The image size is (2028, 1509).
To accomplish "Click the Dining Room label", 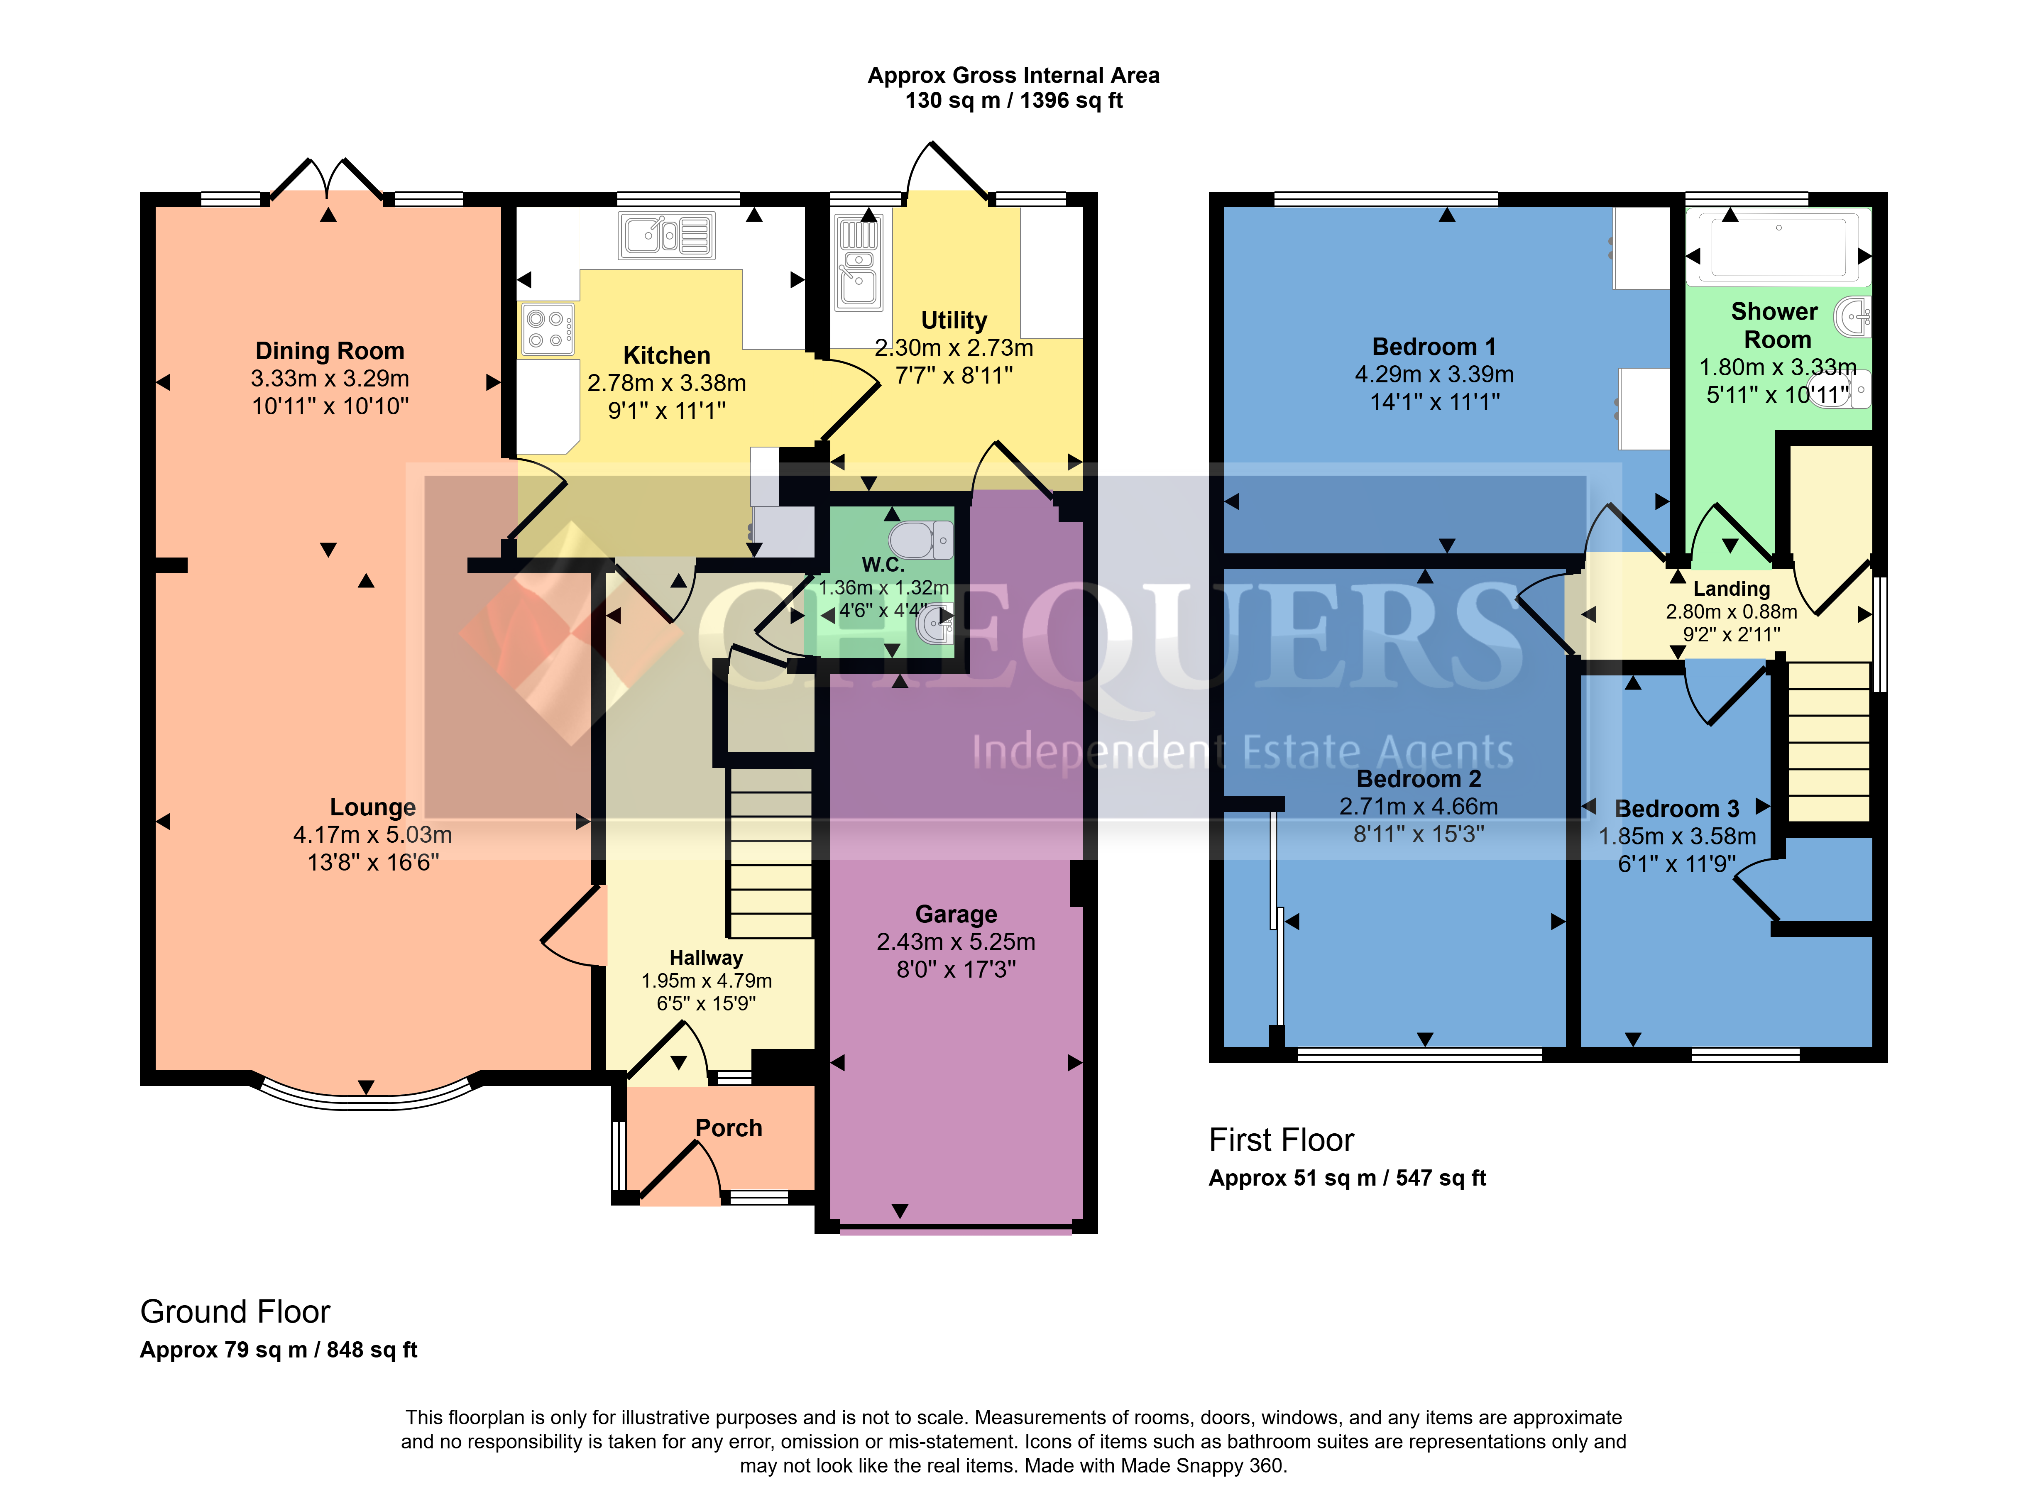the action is (330, 351).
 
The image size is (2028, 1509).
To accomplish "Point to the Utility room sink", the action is (858, 263).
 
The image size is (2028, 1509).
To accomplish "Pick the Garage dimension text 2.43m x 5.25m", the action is (956, 942).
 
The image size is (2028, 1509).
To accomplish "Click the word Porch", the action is (729, 1128).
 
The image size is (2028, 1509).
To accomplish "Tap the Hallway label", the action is (706, 957).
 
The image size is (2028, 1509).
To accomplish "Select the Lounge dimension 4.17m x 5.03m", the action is (373, 835).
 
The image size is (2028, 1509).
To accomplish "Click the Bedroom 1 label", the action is (1434, 347).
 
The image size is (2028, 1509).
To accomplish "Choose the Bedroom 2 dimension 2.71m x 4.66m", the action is (1419, 807).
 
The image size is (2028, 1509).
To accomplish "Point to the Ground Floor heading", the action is (235, 1312).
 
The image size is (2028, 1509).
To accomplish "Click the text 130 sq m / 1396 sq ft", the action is (1014, 100).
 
